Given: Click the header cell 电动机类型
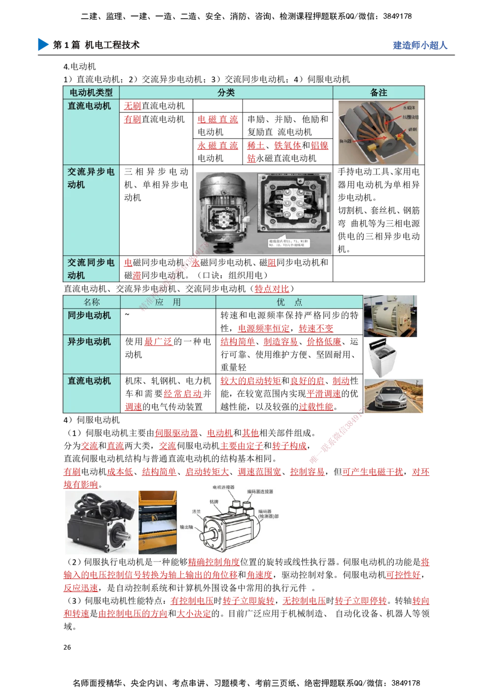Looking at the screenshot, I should [x=91, y=93].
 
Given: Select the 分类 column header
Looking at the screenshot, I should [x=226, y=93].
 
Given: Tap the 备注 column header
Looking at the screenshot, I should [x=379, y=93].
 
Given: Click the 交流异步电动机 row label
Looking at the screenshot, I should [x=91, y=178].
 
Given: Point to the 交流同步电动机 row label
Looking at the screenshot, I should [x=91, y=269].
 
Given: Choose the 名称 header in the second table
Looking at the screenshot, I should [x=92, y=302].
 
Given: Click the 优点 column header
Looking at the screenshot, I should [x=289, y=302].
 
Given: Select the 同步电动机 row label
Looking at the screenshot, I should [x=89, y=315].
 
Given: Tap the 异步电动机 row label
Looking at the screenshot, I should [x=89, y=342].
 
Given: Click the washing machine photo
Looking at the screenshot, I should [x=384, y=358].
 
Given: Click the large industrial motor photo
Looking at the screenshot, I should [x=390, y=315].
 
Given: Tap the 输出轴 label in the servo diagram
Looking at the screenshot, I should [x=187, y=527].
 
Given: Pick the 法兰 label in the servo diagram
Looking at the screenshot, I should [x=196, y=512].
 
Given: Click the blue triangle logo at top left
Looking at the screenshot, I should [x=43, y=44].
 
